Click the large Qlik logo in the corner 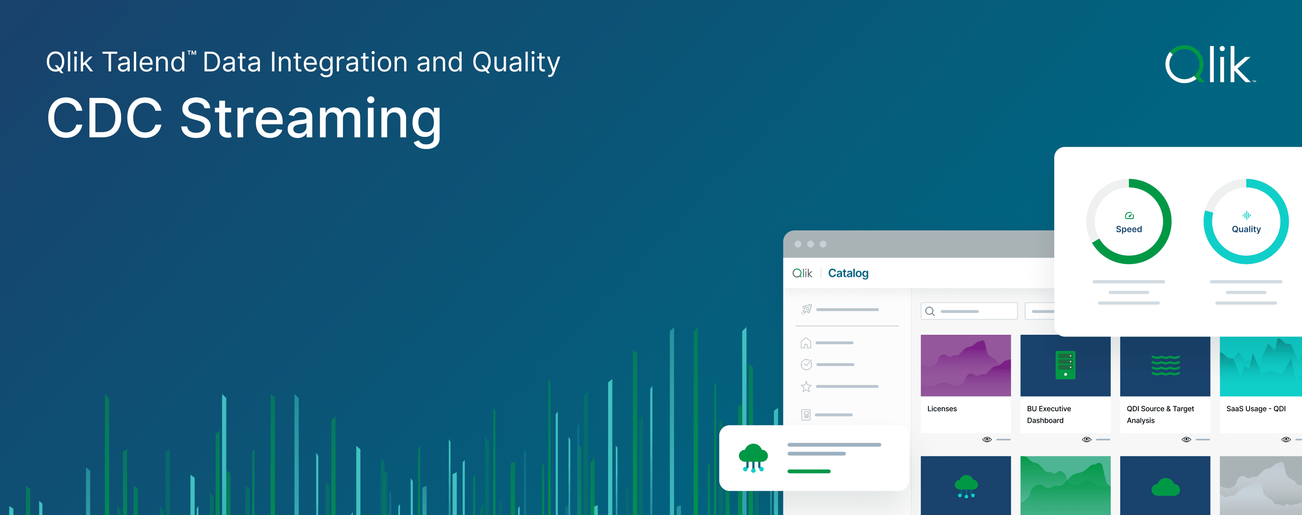[x=1209, y=65]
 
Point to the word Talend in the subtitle [x=145, y=63]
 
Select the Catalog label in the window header [x=848, y=273]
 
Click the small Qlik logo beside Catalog [x=802, y=273]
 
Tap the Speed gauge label [x=1129, y=229]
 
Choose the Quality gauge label [x=1246, y=229]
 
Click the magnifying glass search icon [x=929, y=311]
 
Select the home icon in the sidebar [x=806, y=343]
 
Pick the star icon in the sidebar [x=806, y=386]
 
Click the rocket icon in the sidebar [x=807, y=309]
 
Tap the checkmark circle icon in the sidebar [x=806, y=364]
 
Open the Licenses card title [x=942, y=408]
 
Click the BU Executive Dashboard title [x=1048, y=414]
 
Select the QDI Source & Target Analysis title [x=1160, y=414]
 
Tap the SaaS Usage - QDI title [x=1255, y=408]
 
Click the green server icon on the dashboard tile [x=1065, y=365]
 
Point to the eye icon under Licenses [x=986, y=439]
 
